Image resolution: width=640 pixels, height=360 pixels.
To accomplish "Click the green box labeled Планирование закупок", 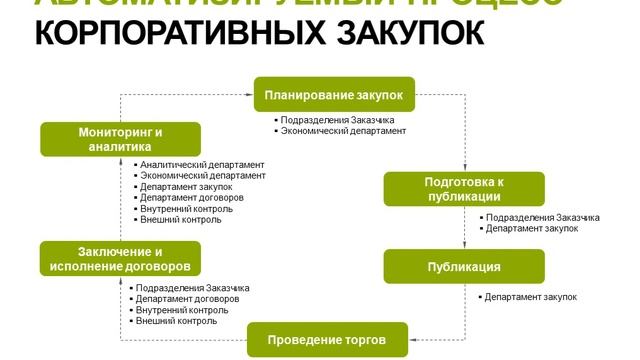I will pos(333,95).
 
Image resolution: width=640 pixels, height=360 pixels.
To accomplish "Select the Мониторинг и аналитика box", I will pos(120,139).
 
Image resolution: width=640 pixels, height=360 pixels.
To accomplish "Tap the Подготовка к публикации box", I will pos(464,189).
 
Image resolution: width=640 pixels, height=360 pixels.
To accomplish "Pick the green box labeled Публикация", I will pos(464,267).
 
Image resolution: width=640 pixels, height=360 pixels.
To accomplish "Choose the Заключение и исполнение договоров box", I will pos(120,259).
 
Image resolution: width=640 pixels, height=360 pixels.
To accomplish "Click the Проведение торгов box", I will pos(327,340).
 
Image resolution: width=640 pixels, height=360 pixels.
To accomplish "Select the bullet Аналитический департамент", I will pos(203,164).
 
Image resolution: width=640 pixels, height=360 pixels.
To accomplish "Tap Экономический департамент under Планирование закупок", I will pos(344,131).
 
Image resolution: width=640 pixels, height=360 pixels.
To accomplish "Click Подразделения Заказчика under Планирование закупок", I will pos(338,120).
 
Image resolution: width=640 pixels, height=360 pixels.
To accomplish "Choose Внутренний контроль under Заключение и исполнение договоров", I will pos(182,310).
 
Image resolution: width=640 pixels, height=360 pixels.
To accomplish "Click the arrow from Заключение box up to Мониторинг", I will pos(120,205).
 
